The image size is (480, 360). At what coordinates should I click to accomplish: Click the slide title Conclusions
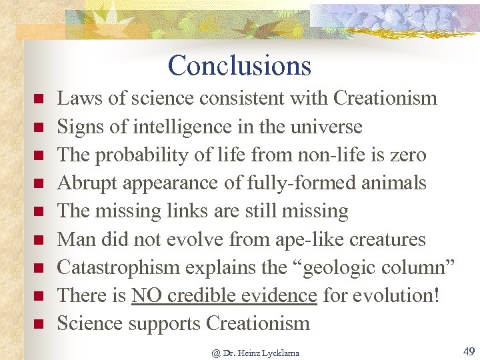point(239,65)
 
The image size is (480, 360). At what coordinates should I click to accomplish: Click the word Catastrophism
point(118,267)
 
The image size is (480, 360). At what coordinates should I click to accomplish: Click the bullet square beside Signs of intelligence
point(39,127)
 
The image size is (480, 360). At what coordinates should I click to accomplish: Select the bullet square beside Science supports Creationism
point(39,325)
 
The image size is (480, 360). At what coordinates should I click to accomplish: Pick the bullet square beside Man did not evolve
point(39,240)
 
